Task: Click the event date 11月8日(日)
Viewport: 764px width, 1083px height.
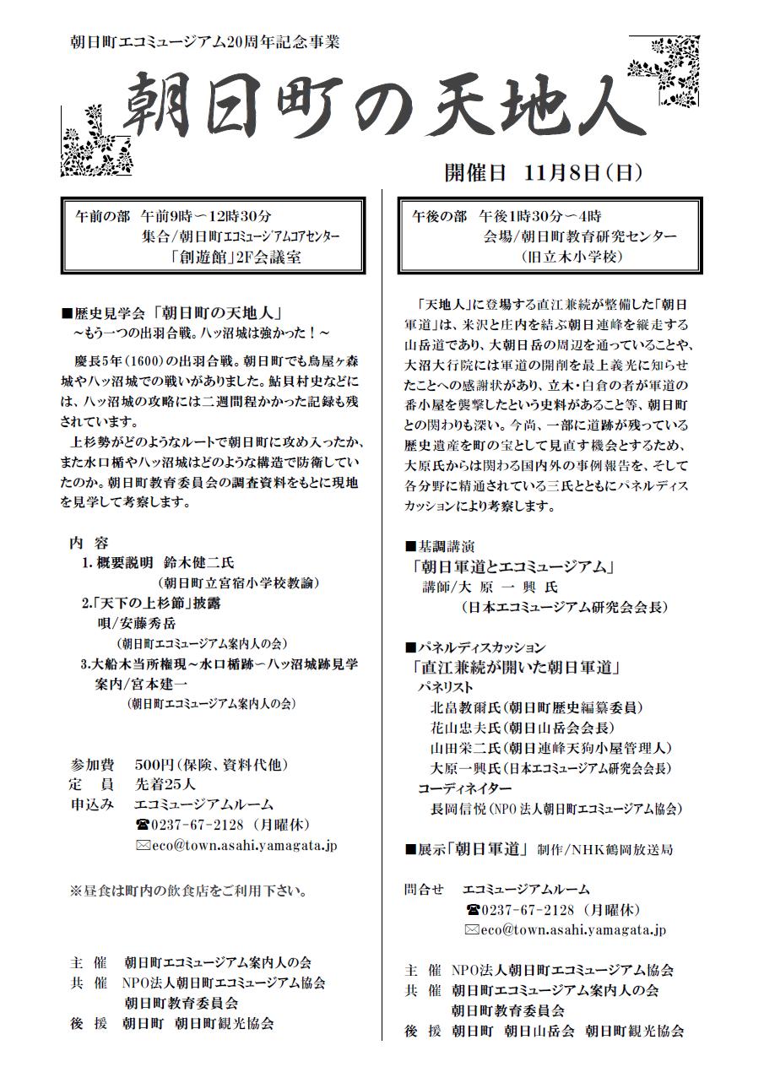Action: (x=582, y=173)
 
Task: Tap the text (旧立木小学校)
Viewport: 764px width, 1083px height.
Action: (x=572, y=257)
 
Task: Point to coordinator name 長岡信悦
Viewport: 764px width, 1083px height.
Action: (x=458, y=808)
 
